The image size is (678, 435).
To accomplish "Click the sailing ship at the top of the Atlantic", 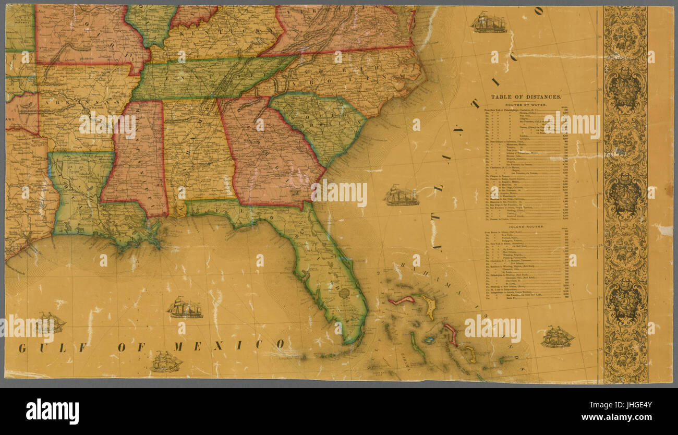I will point(488,23).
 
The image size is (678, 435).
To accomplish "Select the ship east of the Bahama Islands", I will point(557,337).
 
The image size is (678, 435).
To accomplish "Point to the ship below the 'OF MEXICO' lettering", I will point(166,361).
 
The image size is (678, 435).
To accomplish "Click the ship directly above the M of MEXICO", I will point(185,308).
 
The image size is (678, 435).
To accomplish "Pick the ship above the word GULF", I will point(51,322).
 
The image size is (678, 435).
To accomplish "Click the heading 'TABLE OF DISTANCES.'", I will point(526,97).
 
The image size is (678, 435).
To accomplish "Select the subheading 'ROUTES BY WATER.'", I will point(526,105).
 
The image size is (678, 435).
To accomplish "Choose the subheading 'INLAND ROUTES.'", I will point(526,227).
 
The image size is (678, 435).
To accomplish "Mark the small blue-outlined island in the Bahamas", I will point(429,340).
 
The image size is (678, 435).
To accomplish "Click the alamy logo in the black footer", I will point(52,412).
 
